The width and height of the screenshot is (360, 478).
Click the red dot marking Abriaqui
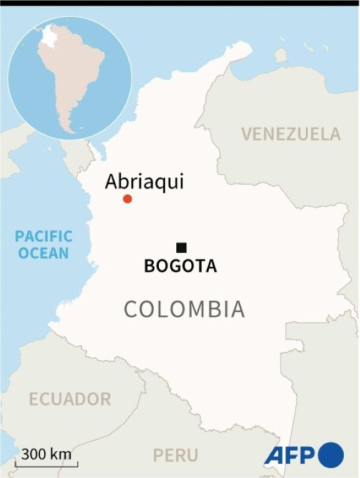[128, 199]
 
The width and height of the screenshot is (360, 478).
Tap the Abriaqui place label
[144, 181]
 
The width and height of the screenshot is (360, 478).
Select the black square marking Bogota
[181, 247]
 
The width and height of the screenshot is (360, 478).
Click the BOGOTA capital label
[181, 266]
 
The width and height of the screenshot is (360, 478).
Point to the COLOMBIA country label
[184, 309]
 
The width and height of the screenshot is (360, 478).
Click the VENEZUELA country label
[291, 134]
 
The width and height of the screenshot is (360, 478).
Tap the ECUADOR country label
[69, 399]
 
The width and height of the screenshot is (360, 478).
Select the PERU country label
[176, 454]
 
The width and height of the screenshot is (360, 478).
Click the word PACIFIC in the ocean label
[44, 237]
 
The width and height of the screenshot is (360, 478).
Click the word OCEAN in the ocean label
[44, 253]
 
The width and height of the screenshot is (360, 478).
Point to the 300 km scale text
[47, 454]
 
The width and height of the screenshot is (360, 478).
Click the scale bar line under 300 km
[47, 464]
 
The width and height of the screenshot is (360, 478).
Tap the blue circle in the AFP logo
[331, 454]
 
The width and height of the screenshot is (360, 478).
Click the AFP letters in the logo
[290, 455]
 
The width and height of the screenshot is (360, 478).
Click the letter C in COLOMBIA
[131, 309]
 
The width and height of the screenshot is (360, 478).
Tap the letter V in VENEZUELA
[247, 134]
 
